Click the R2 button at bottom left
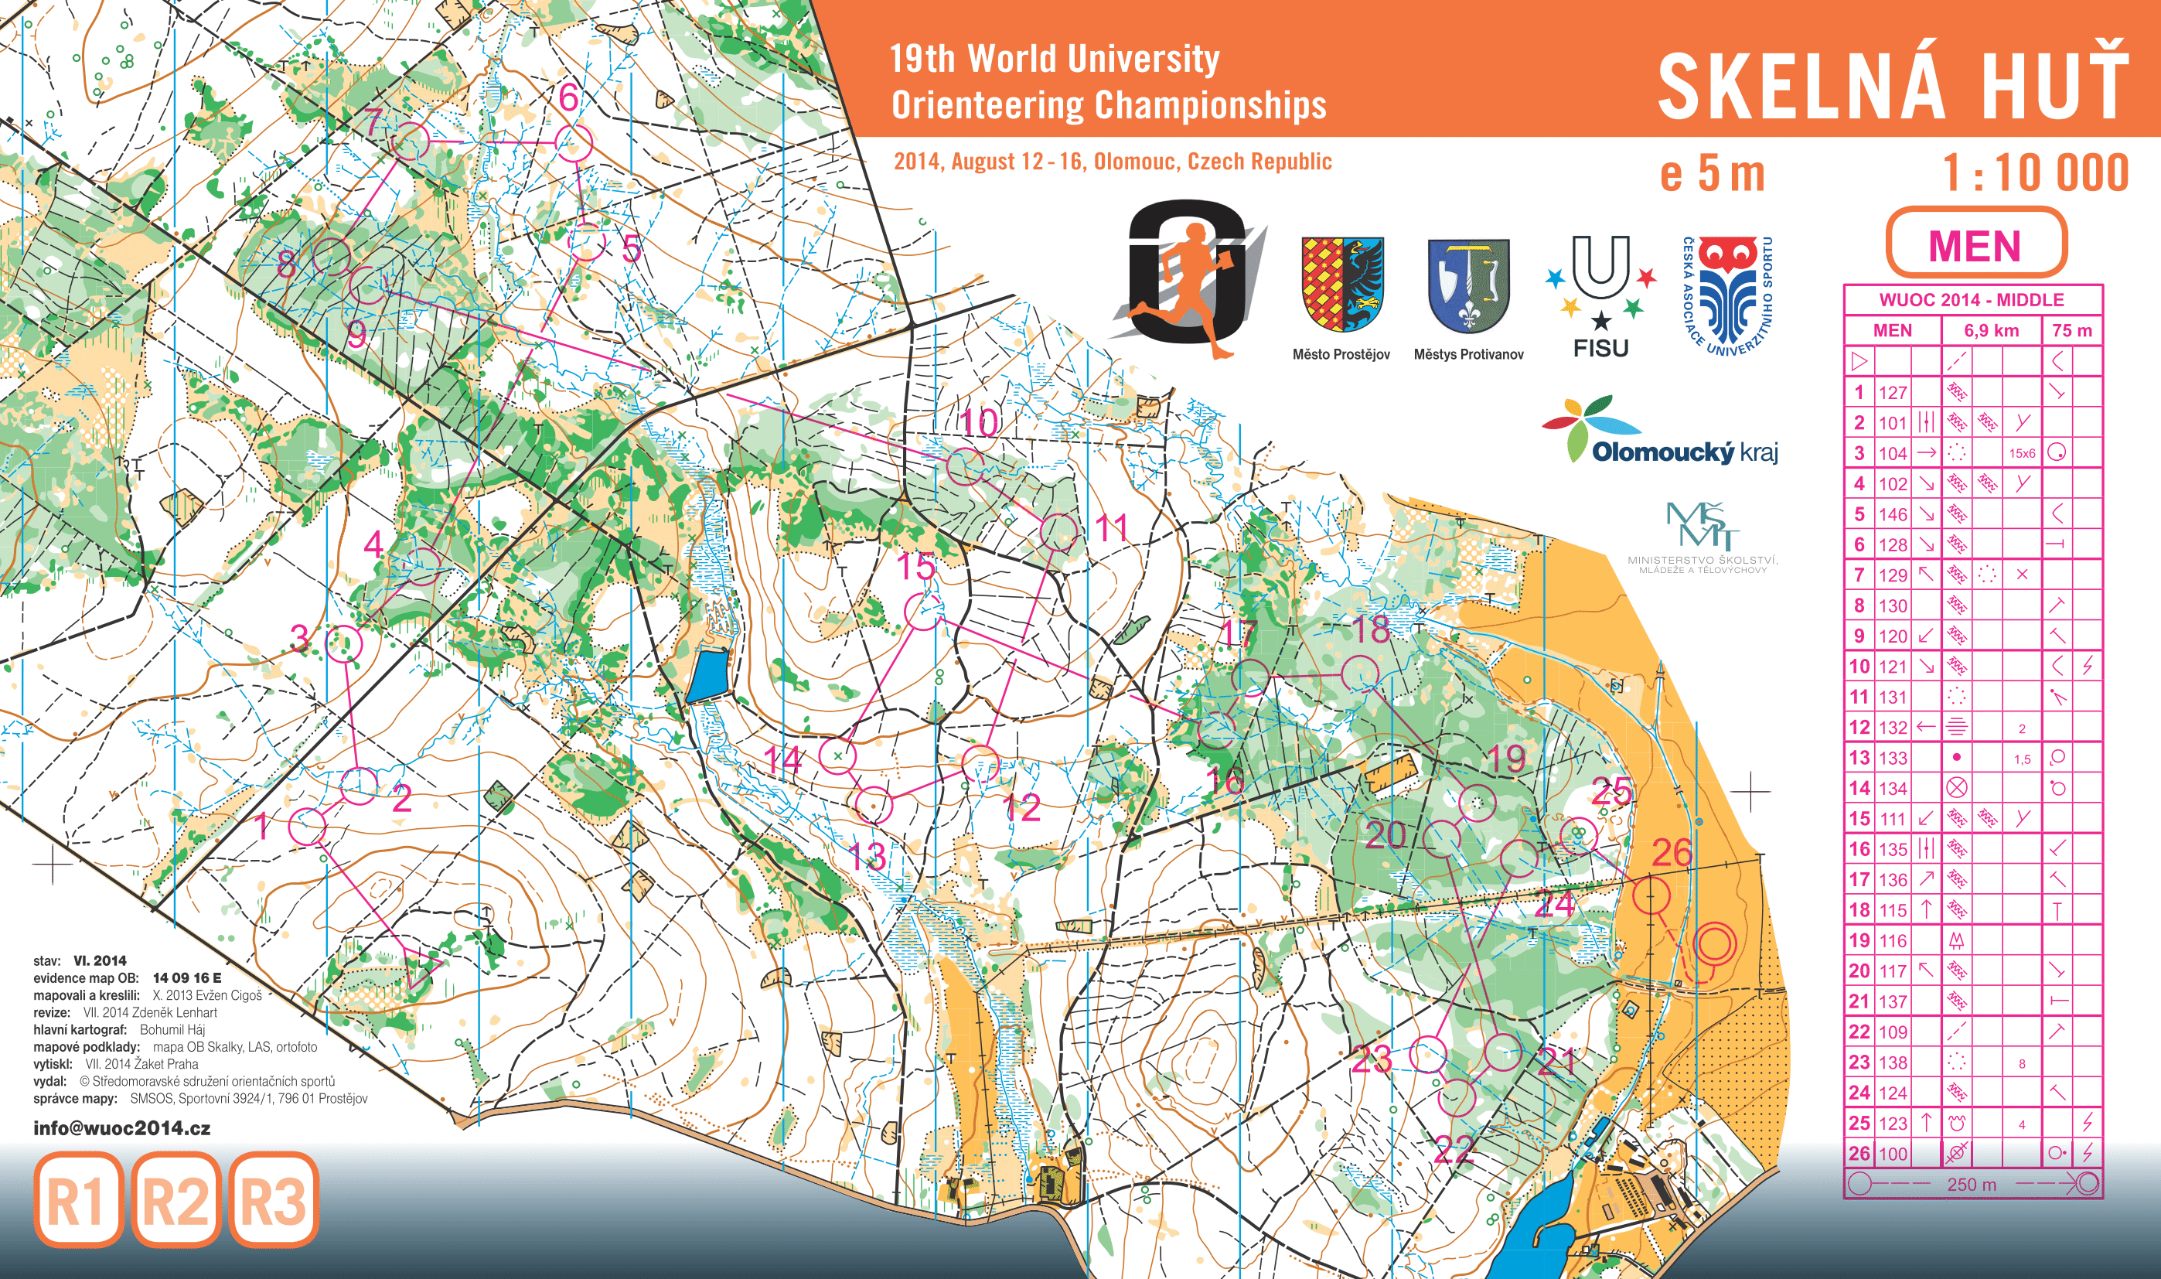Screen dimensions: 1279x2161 coord(176,1201)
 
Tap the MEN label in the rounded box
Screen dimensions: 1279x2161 coord(1974,246)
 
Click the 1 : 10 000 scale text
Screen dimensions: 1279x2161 coord(2035,173)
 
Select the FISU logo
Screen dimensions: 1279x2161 coord(1600,298)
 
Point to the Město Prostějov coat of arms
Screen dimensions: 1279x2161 coord(1342,285)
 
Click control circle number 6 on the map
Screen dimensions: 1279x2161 coord(573,142)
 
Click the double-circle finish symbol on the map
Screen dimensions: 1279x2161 coord(1714,943)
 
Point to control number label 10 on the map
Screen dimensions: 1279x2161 coord(980,422)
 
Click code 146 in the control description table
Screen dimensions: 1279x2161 coord(1892,514)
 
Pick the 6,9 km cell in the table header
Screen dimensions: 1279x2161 coord(1990,331)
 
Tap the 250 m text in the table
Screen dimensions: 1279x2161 coord(1971,1184)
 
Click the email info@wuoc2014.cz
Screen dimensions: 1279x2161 coord(121,1128)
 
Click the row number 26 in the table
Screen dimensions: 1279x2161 coord(1859,1153)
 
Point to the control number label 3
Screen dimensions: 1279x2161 coord(299,638)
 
